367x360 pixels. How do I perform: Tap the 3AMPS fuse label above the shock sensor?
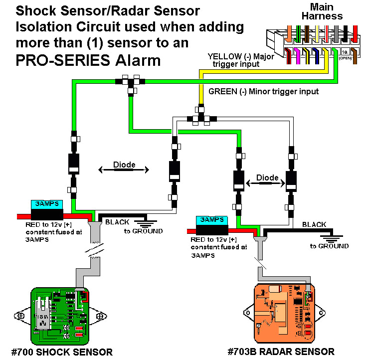tap(47, 204)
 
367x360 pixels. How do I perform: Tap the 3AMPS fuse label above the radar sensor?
tap(211, 219)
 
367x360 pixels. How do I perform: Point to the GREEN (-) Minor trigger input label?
tap(263, 92)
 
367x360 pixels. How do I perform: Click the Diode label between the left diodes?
tap(124, 164)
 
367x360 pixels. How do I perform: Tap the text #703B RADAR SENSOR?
tap(281, 352)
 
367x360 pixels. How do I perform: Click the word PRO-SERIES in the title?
tap(60, 60)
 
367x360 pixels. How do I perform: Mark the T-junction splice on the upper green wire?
tap(130, 82)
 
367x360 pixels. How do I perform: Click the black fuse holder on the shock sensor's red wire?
tap(47, 214)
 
